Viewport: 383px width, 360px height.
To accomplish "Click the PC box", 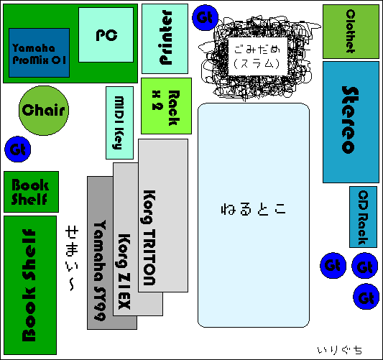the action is [106, 34].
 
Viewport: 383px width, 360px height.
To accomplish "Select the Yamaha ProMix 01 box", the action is [39, 52].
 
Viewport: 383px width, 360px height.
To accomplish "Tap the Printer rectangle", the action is [165, 39].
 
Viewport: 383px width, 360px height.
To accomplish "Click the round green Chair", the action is [44, 111].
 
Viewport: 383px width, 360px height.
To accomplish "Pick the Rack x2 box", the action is [166, 106].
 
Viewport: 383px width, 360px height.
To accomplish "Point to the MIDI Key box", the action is [120, 123].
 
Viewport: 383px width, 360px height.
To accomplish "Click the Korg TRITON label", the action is [149, 237].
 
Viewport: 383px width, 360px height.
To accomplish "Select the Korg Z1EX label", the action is [124, 272].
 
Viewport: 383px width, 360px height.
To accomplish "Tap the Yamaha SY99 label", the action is [100, 270].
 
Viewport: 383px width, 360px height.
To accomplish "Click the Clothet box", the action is [351, 32].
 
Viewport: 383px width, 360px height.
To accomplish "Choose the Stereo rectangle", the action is [351, 122].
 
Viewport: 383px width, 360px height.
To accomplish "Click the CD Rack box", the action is [363, 217].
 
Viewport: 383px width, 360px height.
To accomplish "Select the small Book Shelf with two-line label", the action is [32, 192].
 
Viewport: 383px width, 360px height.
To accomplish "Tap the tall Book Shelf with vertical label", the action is [30, 285].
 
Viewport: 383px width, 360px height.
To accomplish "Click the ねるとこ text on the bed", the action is [254, 209].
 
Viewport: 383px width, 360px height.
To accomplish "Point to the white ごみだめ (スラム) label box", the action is [257, 57].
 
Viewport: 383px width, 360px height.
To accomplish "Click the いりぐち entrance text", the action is [339, 350].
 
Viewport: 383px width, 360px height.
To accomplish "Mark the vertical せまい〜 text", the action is [72, 259].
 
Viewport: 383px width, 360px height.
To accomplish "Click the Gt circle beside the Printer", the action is [205, 17].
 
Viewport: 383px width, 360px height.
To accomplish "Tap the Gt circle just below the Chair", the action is [18, 149].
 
